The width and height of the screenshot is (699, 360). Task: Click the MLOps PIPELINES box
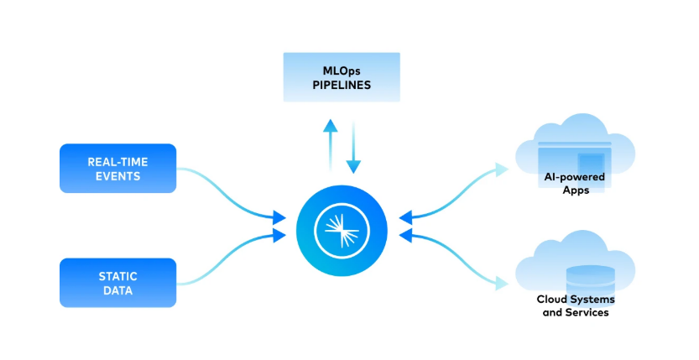342,77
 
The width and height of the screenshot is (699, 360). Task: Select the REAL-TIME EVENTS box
118,168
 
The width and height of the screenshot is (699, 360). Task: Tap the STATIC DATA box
118,282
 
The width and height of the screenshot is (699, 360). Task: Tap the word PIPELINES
342,85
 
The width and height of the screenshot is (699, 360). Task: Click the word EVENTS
118,176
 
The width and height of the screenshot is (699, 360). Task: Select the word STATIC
118,275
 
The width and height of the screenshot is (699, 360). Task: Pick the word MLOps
342,70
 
